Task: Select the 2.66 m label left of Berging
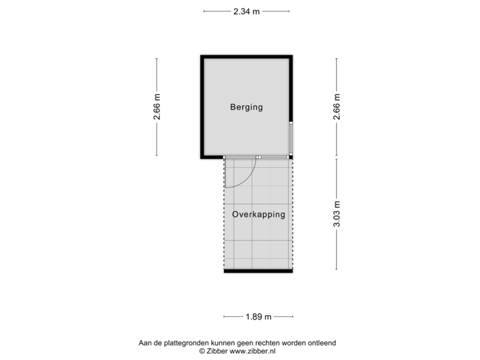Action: tap(157, 107)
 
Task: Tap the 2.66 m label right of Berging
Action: tap(336, 107)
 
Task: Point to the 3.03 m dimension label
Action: tap(336, 214)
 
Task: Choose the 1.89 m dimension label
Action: tap(259, 317)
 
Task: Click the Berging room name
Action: tap(247, 107)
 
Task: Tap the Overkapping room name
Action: tap(259, 215)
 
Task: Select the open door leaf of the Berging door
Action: tap(225, 173)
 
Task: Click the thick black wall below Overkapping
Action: tap(258, 271)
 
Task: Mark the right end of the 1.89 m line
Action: tap(293, 317)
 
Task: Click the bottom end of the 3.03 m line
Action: tap(336, 269)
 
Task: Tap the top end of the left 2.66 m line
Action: tap(157, 59)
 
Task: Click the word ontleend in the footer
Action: tap(322, 343)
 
